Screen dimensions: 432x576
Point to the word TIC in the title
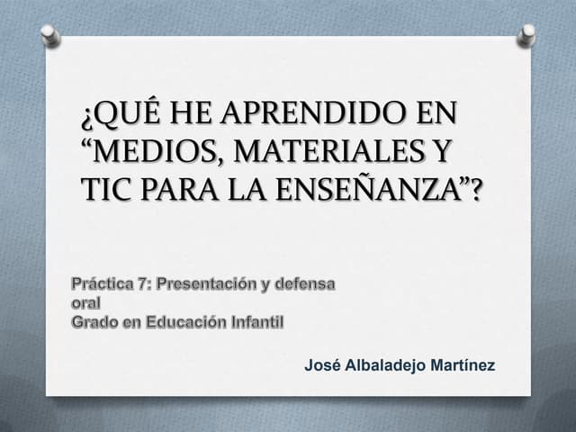click(105, 190)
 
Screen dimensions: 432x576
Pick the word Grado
click(94, 321)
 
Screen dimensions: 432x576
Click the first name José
click(321, 365)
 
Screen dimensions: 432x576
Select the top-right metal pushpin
click(526, 35)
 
